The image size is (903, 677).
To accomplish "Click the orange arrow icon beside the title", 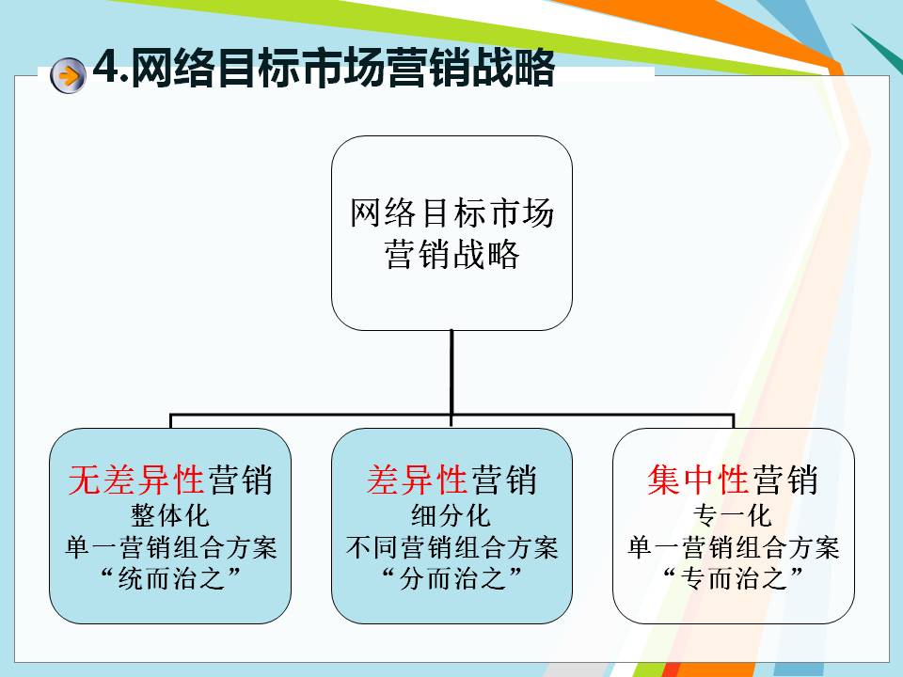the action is click(x=68, y=75).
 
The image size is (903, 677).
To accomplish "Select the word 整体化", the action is click(x=170, y=515).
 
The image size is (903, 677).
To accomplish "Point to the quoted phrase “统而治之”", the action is click(x=170, y=578).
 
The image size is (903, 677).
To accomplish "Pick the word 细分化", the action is click(x=451, y=515).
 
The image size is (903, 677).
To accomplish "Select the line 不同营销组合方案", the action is click(x=452, y=547).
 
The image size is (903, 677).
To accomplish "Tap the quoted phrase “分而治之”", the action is click(x=452, y=578).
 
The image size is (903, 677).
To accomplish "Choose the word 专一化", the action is click(x=733, y=515).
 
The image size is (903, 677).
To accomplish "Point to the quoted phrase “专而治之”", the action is click(x=733, y=578).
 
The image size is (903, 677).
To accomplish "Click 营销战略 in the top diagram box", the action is click(x=452, y=254).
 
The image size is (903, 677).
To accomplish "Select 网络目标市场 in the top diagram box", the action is click(x=452, y=213).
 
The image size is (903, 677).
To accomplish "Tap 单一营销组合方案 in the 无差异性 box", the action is click(x=171, y=547).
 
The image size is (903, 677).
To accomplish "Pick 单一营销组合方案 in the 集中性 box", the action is click(x=734, y=547).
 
